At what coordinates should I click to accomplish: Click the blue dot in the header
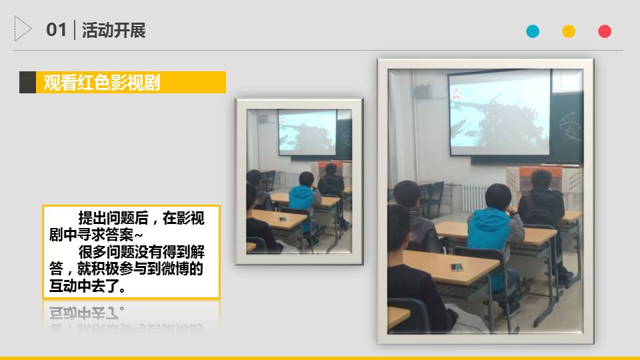(x=533, y=31)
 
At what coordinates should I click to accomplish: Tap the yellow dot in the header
(x=569, y=31)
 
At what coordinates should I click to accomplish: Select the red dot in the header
(x=605, y=31)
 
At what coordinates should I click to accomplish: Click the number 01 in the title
(x=56, y=30)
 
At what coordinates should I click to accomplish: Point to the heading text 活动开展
(x=113, y=30)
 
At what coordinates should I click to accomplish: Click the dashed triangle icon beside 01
(x=23, y=29)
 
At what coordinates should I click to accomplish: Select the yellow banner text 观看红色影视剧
(x=101, y=83)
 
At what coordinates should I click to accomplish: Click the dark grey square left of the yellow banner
(x=28, y=83)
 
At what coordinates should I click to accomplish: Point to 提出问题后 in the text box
(x=113, y=219)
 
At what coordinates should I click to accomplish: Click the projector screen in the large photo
(x=499, y=112)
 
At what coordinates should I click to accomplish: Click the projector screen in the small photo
(x=307, y=132)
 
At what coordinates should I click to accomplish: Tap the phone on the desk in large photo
(x=457, y=267)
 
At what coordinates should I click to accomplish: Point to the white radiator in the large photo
(x=475, y=198)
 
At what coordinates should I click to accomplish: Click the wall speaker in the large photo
(x=423, y=91)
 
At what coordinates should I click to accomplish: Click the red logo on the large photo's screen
(x=456, y=93)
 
